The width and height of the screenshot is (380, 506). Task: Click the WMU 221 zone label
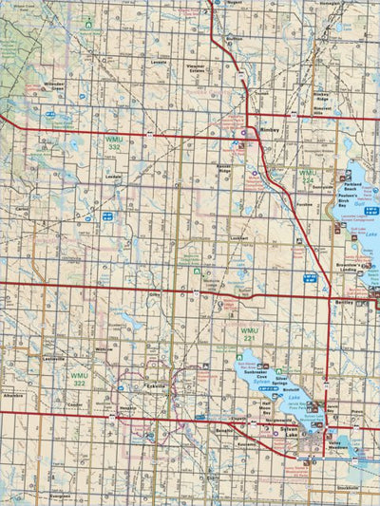pos(250,335)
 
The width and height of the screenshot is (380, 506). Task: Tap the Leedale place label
pos(114,178)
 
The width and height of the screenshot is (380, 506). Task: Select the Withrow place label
pos(104,349)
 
